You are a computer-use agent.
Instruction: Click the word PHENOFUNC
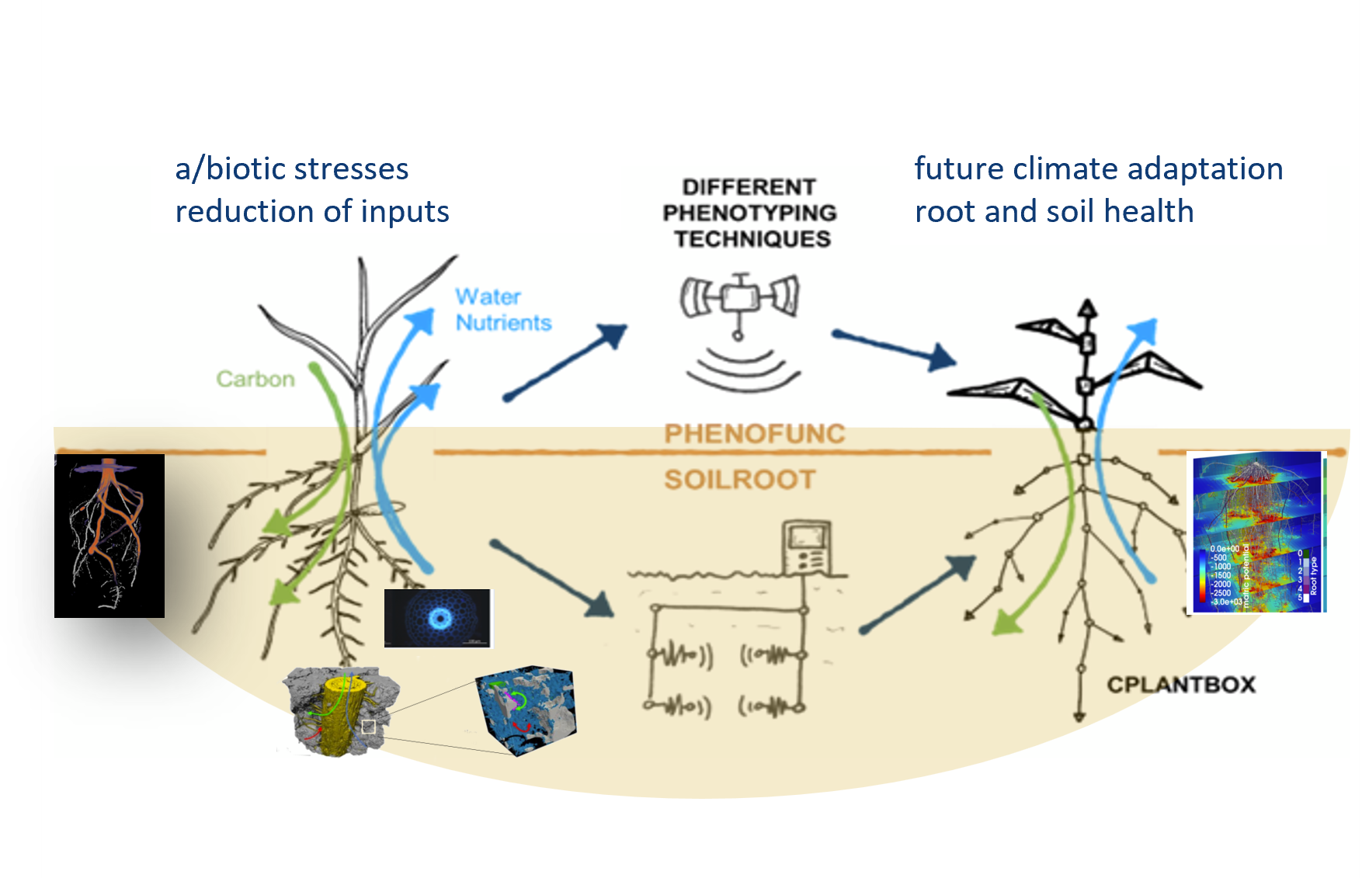pyautogui.click(x=754, y=433)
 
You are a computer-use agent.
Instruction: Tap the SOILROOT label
pyautogui.click(x=739, y=480)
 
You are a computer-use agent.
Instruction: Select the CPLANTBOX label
pyautogui.click(x=1180, y=685)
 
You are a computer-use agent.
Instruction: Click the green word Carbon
pyautogui.click(x=255, y=379)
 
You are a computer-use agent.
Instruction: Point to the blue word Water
pyautogui.click(x=488, y=297)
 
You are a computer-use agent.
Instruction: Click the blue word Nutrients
pyautogui.click(x=503, y=322)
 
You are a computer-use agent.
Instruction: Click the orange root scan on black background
pyautogui.click(x=109, y=536)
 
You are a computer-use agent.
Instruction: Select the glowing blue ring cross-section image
pyautogui.click(x=438, y=618)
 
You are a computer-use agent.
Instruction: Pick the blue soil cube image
pyautogui.click(x=526, y=710)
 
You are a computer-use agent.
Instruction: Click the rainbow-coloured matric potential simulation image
pyautogui.click(x=1256, y=532)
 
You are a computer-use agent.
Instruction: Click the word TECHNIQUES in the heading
pyautogui.click(x=752, y=239)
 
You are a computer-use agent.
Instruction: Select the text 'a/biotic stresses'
pyautogui.click(x=292, y=169)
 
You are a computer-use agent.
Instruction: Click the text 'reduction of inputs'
pyautogui.click(x=312, y=211)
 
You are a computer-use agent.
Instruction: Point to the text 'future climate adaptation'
pyautogui.click(x=1098, y=168)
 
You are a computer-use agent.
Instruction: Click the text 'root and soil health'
pyautogui.click(x=1054, y=211)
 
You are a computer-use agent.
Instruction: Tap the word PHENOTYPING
pyautogui.click(x=749, y=213)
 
